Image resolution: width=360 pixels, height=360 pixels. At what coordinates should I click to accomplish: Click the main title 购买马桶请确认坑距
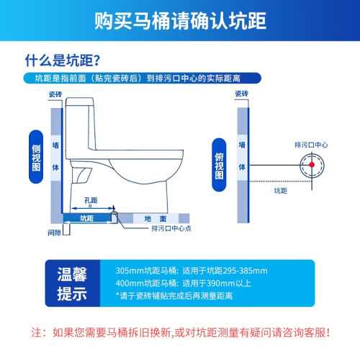(x=180, y=21)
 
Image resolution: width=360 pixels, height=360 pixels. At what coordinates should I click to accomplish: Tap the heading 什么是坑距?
(x=63, y=60)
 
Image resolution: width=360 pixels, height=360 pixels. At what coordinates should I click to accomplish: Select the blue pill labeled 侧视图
(x=36, y=157)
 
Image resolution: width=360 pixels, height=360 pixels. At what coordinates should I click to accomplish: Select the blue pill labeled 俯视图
(x=219, y=165)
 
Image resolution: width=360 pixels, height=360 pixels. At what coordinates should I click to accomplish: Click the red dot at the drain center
(x=312, y=165)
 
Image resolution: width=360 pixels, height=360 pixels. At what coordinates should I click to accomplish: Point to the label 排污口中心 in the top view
(x=311, y=145)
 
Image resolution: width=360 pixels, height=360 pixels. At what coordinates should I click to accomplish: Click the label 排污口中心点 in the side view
(x=171, y=228)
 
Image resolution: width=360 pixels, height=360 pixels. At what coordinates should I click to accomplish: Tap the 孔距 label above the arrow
(x=91, y=200)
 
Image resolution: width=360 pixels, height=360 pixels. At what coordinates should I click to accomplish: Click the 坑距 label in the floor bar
(x=86, y=218)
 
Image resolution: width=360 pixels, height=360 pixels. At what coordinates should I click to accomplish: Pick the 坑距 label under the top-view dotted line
(x=281, y=191)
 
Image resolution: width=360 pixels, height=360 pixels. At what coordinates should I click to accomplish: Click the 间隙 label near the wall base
(x=54, y=233)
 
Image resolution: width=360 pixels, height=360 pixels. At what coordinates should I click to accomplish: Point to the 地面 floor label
(x=156, y=219)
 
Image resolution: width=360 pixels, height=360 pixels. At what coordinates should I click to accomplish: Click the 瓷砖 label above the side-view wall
(x=55, y=94)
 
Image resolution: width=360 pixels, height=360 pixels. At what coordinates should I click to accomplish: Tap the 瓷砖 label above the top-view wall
(x=242, y=94)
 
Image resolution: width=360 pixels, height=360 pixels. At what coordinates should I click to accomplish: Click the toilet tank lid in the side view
(x=80, y=102)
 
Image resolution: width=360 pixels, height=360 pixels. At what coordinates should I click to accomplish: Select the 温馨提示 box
(x=73, y=283)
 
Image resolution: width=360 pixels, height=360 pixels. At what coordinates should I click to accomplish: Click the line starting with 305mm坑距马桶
(x=192, y=271)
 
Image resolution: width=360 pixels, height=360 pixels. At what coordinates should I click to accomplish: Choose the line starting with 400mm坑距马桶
(x=184, y=283)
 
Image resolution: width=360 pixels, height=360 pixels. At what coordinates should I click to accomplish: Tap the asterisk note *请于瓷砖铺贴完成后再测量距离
(x=174, y=296)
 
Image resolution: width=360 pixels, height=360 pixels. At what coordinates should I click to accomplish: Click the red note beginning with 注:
(x=180, y=333)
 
